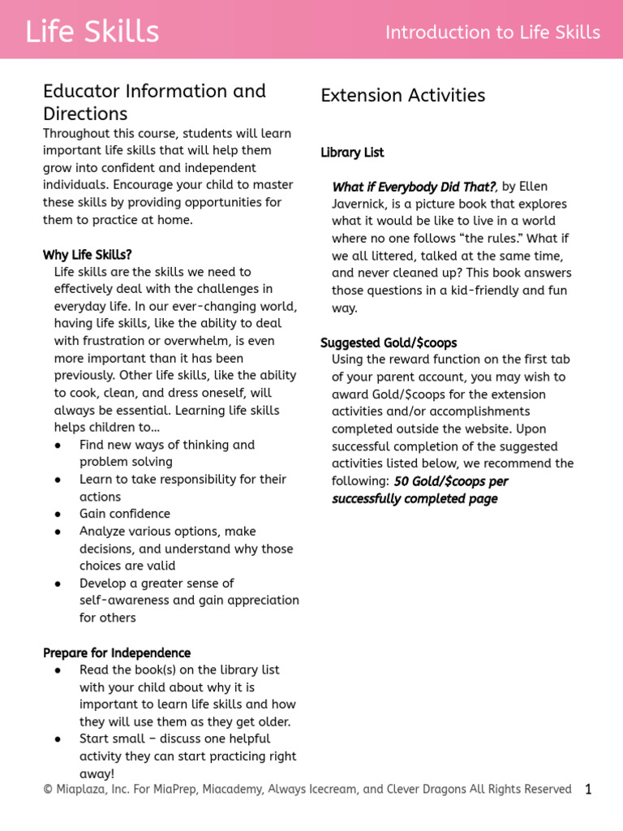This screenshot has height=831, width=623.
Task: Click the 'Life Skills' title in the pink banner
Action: [92, 32]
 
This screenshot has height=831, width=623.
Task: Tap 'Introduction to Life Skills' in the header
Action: [492, 32]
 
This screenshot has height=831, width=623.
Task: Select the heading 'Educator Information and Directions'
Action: [154, 101]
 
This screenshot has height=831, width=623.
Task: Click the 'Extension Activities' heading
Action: [402, 95]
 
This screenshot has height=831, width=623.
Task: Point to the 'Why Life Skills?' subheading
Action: [87, 255]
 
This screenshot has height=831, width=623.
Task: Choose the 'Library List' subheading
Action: [352, 153]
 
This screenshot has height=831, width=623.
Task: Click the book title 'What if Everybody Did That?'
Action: [414, 187]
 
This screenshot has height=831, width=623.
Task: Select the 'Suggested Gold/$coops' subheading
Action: [389, 342]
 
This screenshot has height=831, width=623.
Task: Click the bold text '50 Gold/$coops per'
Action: [450, 481]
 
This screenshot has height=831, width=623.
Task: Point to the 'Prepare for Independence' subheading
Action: [117, 652]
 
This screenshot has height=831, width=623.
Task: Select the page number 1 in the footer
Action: [588, 789]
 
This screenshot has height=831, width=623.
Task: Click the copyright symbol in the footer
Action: [48, 790]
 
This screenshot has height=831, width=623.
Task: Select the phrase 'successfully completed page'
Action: [415, 498]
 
